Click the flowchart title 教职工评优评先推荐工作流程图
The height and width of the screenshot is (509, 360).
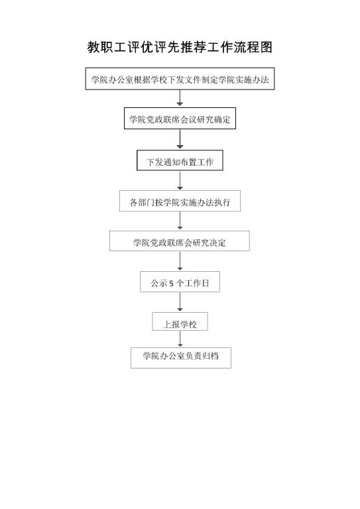(x=180, y=48)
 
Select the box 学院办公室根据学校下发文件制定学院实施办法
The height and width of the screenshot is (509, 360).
(x=180, y=79)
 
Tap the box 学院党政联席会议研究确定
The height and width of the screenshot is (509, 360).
(x=180, y=119)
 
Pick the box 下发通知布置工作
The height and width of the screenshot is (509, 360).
(x=180, y=160)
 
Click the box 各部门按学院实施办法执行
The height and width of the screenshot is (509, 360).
(x=180, y=201)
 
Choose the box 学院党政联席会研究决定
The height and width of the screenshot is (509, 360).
(x=180, y=241)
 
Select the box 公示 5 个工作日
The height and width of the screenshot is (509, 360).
(x=180, y=282)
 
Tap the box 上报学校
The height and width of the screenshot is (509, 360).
(x=180, y=321)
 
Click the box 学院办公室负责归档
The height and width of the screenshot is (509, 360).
(x=181, y=358)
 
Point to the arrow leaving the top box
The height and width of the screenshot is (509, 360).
(x=180, y=97)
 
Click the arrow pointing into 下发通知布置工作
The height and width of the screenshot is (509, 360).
(x=180, y=139)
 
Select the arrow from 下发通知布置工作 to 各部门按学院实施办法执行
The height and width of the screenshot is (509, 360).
(x=180, y=180)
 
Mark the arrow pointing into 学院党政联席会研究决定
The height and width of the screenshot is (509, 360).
(x=180, y=221)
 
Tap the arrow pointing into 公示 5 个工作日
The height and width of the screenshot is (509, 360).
(x=180, y=261)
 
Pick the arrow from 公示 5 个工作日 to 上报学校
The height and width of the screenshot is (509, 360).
(x=180, y=302)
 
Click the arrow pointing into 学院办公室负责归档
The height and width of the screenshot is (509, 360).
(x=180, y=339)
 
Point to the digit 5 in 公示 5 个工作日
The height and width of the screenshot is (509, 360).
(x=172, y=284)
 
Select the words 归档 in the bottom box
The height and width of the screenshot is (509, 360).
(x=210, y=356)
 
